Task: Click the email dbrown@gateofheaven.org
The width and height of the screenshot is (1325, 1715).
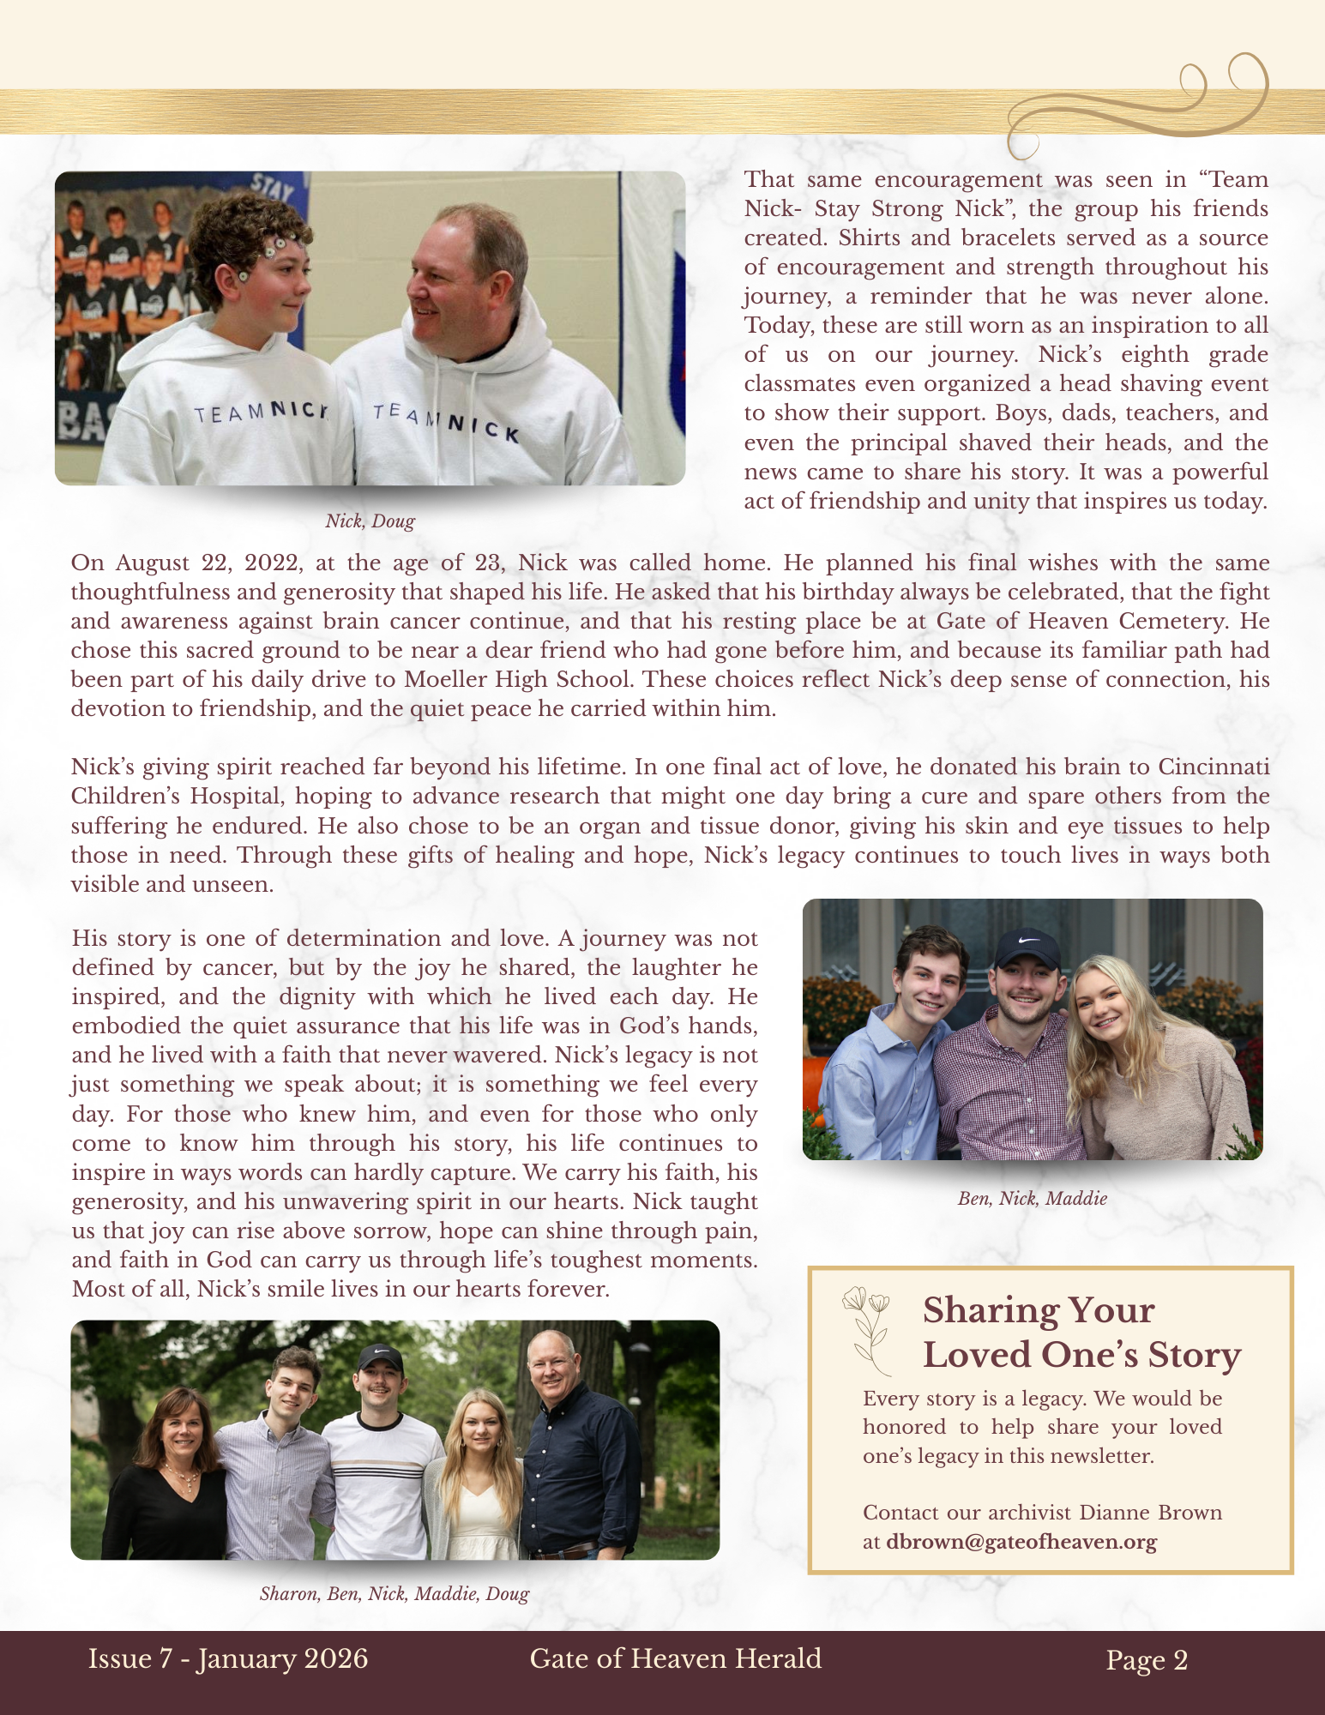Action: [x=1021, y=1542]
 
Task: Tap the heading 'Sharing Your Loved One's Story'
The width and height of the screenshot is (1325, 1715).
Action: [x=1081, y=1333]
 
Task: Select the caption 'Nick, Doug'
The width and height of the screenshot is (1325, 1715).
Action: [x=370, y=521]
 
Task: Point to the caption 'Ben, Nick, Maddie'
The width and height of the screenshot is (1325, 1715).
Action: [x=1032, y=1199]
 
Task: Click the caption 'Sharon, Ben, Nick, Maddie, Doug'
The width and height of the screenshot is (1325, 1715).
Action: [x=394, y=1594]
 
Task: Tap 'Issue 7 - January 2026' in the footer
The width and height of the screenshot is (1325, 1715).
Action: [x=227, y=1658]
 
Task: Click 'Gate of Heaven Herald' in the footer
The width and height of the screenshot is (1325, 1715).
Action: [x=675, y=1658]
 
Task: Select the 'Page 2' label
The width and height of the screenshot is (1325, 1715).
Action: [x=1147, y=1660]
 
